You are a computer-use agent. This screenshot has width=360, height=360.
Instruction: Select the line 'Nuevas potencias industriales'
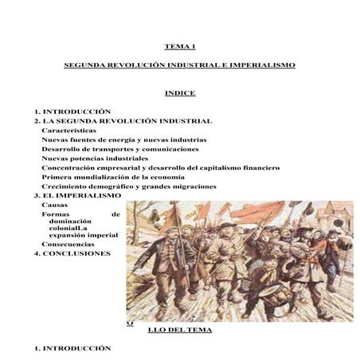94,158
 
